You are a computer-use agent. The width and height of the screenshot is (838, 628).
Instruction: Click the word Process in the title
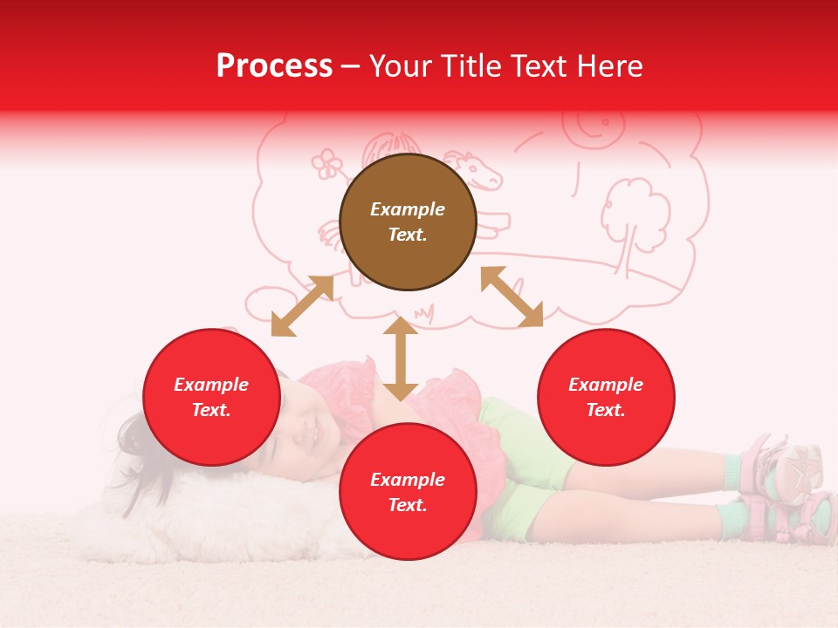click(274, 66)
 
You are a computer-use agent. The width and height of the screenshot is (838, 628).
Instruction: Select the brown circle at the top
click(408, 222)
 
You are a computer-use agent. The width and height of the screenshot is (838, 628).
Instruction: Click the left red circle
click(211, 397)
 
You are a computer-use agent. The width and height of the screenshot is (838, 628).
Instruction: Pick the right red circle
click(606, 397)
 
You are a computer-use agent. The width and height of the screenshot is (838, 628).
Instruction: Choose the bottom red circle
click(408, 491)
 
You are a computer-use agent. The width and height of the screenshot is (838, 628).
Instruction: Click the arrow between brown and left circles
click(302, 306)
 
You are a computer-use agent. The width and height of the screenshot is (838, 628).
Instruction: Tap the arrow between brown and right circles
click(512, 297)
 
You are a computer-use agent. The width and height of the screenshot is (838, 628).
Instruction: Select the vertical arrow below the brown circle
click(401, 358)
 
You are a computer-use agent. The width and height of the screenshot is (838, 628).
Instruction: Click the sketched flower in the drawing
click(327, 162)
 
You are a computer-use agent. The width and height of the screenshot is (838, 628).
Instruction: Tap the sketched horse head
click(476, 170)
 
